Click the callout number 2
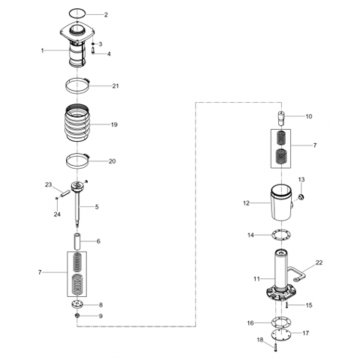tap(106, 15)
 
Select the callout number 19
tap(115, 124)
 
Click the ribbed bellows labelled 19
tap(77, 124)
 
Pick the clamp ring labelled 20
tap(78, 160)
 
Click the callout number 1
tap(43, 50)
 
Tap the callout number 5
tap(96, 206)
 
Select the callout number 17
tap(306, 333)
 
